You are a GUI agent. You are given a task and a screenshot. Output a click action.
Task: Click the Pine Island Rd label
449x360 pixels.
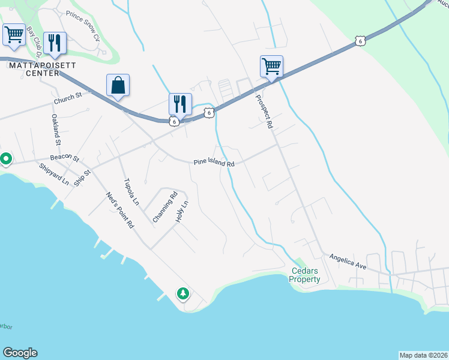tap(214, 163)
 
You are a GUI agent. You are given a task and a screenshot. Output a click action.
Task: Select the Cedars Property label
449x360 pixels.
tap(305, 275)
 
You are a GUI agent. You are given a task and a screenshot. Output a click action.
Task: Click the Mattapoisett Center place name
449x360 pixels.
tap(34, 69)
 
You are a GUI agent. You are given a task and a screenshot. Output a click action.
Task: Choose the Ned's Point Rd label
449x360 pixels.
tap(120, 209)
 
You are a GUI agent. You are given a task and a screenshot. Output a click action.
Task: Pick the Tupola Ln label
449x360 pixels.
tap(131, 192)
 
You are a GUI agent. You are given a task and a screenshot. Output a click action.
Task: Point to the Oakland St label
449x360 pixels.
tap(55, 130)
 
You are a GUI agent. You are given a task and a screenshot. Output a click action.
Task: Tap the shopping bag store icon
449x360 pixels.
tap(118, 85)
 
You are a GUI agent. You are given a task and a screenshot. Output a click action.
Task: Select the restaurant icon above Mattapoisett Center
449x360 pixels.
tap(55, 42)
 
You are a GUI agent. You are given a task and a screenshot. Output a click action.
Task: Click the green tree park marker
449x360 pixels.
tap(182, 293)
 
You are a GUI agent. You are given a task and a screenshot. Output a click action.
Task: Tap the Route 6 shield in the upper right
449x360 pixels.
tap(359, 41)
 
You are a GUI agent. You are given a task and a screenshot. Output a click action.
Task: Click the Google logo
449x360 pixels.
tap(20, 353)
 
